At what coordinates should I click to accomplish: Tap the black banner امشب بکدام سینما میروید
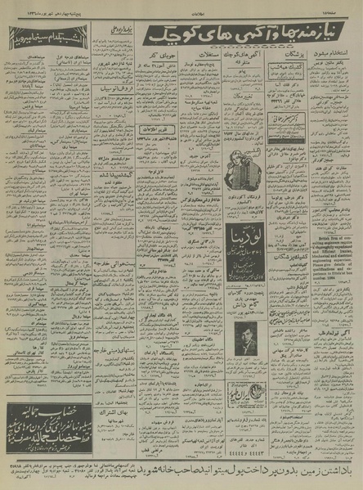point(43,38)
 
